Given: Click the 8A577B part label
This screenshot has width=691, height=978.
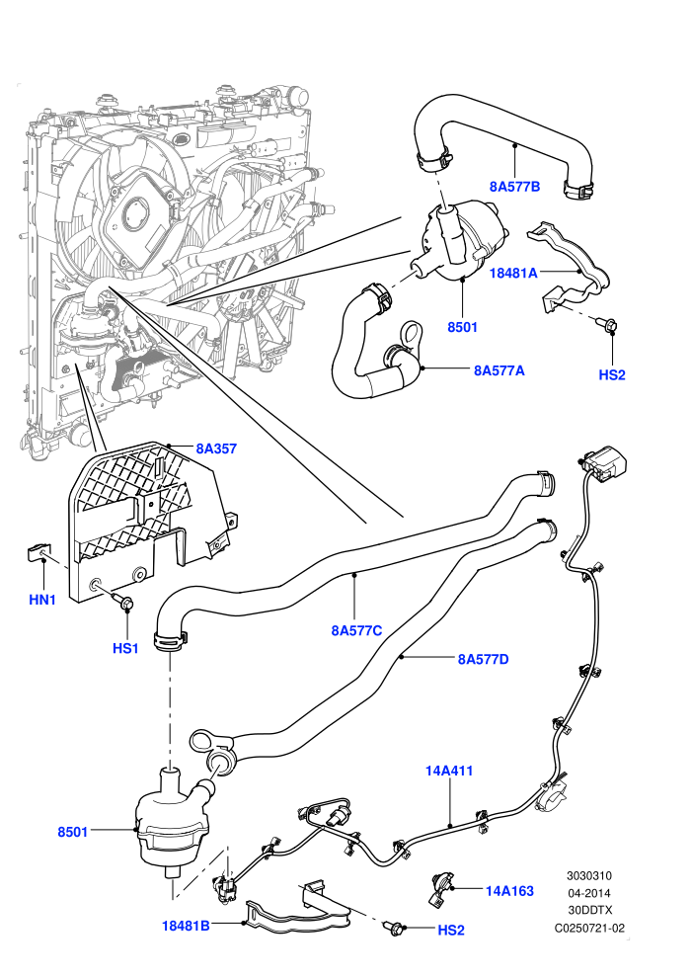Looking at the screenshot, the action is tap(514, 187).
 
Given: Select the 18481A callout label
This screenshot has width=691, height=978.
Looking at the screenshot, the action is tap(513, 273).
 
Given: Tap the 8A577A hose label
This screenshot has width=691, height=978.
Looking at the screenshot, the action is tap(499, 370).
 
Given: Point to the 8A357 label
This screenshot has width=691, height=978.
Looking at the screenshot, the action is tap(216, 448).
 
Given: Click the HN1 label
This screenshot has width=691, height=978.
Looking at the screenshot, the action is tap(42, 600).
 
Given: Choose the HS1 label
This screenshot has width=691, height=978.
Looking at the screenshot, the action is tap(125, 648).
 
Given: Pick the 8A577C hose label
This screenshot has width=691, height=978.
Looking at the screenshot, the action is tap(356, 630).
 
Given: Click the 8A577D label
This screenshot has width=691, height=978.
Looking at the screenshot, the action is tap(483, 659).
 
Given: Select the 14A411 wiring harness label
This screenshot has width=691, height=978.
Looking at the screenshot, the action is tap(449, 771).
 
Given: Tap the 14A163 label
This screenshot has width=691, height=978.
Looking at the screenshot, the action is tap(509, 891).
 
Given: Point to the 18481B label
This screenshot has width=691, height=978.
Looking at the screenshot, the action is tap(186, 927).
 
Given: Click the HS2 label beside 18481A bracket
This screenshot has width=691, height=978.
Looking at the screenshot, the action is tap(612, 374).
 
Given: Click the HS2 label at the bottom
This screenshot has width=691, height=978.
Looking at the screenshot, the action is tap(451, 930).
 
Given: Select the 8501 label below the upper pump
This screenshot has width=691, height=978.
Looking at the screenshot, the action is tap(462, 327).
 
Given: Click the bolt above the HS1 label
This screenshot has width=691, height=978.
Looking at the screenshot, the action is tap(122, 602).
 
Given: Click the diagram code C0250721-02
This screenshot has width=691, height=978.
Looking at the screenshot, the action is tap(589, 928).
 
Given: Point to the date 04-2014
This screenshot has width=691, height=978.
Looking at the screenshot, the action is tap(588, 893).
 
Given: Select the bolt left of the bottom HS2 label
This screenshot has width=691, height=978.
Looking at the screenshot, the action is tap(393, 927).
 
